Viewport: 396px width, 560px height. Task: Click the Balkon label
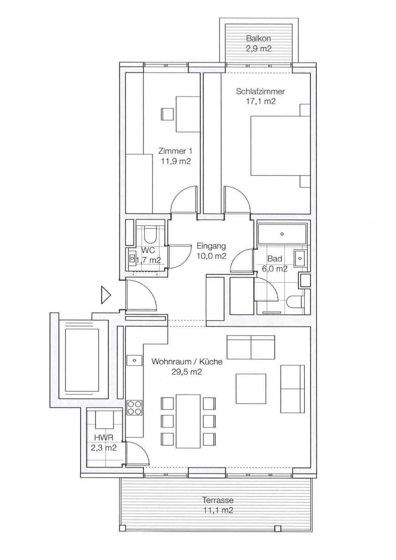[258, 38]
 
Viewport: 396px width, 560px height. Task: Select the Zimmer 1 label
[175, 151]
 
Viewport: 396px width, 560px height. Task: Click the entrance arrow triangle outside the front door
[105, 295]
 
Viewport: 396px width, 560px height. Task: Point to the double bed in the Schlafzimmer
[280, 145]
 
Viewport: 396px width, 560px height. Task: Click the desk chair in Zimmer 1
[167, 114]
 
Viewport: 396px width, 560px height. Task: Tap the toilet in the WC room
[149, 235]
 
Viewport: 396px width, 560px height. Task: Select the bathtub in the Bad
[282, 234]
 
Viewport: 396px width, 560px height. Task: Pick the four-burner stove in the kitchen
[134, 408]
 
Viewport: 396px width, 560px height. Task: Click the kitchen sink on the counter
[134, 360]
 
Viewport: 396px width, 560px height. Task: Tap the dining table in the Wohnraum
[188, 421]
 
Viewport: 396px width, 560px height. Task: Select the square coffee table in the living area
[251, 388]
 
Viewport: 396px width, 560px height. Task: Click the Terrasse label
[218, 500]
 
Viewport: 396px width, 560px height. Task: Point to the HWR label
[103, 437]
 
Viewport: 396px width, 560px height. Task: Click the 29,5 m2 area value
[187, 372]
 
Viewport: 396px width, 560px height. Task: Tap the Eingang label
[211, 246]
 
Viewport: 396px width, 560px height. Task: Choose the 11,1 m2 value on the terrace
[218, 510]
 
